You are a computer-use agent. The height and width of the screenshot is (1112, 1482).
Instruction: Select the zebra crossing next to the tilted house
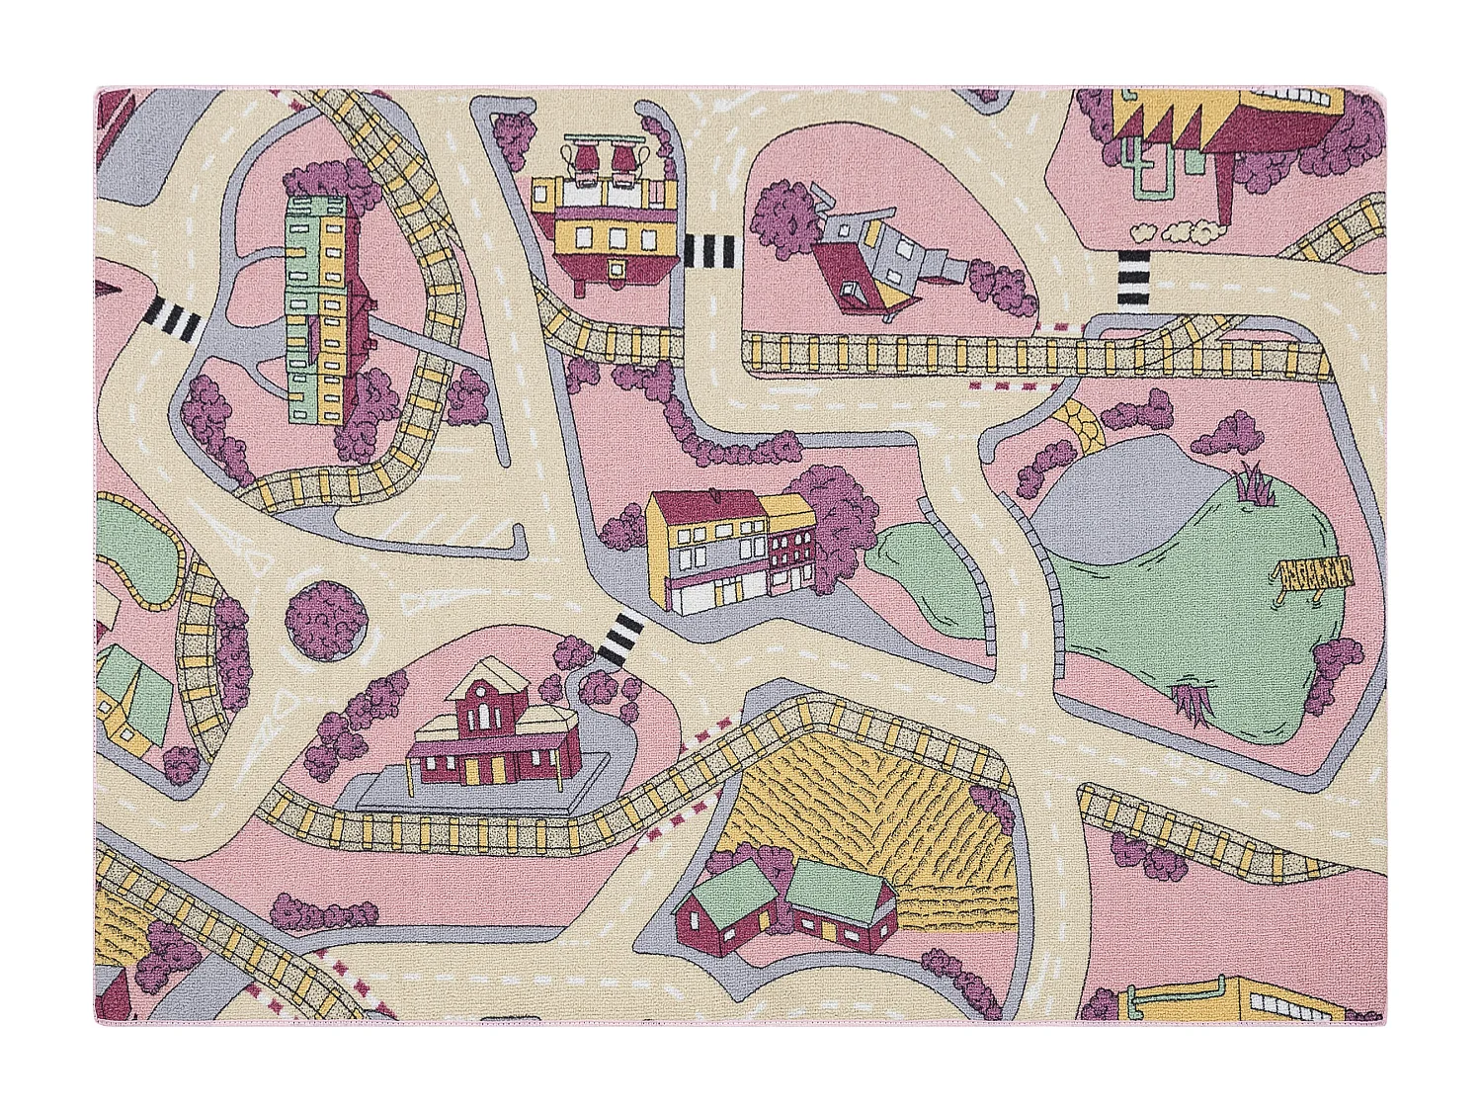(711, 252)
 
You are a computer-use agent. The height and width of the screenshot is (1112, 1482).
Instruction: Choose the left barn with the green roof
(726, 904)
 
